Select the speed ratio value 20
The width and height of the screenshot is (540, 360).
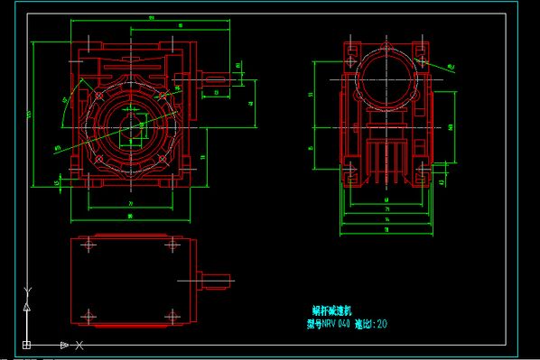coord(383,324)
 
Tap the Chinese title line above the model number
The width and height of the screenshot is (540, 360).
coord(325,309)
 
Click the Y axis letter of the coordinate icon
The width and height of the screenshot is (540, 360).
coord(27,291)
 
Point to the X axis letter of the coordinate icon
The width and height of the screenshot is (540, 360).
coord(79,346)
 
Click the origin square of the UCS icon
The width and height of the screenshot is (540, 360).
coord(26,345)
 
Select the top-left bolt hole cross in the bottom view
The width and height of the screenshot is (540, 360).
coord(88,245)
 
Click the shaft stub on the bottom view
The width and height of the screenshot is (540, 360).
coord(215,280)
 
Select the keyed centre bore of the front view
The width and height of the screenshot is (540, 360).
coord(129,126)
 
